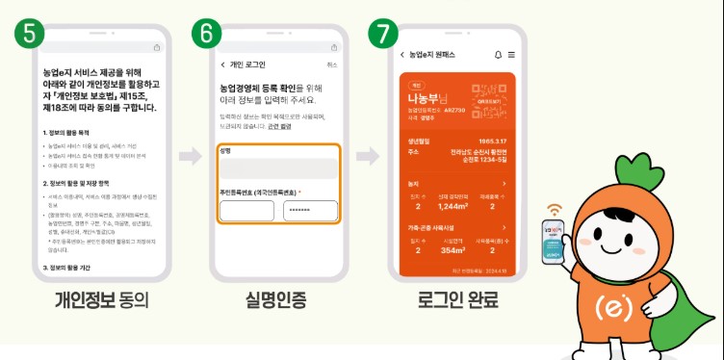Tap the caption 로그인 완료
tap(455, 300)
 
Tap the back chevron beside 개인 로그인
tap(224, 64)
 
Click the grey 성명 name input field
tap(278, 168)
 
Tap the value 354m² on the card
tap(452, 250)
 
